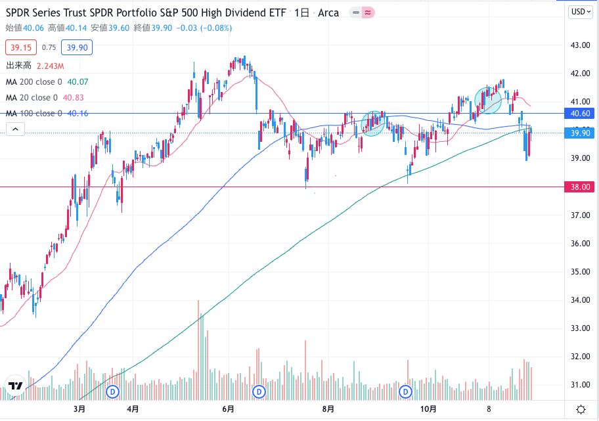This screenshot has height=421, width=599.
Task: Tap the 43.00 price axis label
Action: point(579,45)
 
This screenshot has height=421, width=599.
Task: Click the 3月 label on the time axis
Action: point(79,409)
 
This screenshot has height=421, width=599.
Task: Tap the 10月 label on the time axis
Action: point(428,409)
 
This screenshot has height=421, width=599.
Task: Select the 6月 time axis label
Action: point(229,409)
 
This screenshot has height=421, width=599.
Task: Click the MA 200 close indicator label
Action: point(33,82)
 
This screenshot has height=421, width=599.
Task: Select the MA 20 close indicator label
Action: point(31,97)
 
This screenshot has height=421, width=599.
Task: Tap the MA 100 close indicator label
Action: point(33,113)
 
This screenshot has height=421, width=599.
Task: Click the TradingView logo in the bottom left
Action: point(16,386)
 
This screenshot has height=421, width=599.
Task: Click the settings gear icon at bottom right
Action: point(581,409)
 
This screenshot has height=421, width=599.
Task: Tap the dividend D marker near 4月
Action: point(112,391)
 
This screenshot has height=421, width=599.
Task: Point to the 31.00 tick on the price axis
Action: point(579,384)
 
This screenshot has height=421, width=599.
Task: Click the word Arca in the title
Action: point(328,13)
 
